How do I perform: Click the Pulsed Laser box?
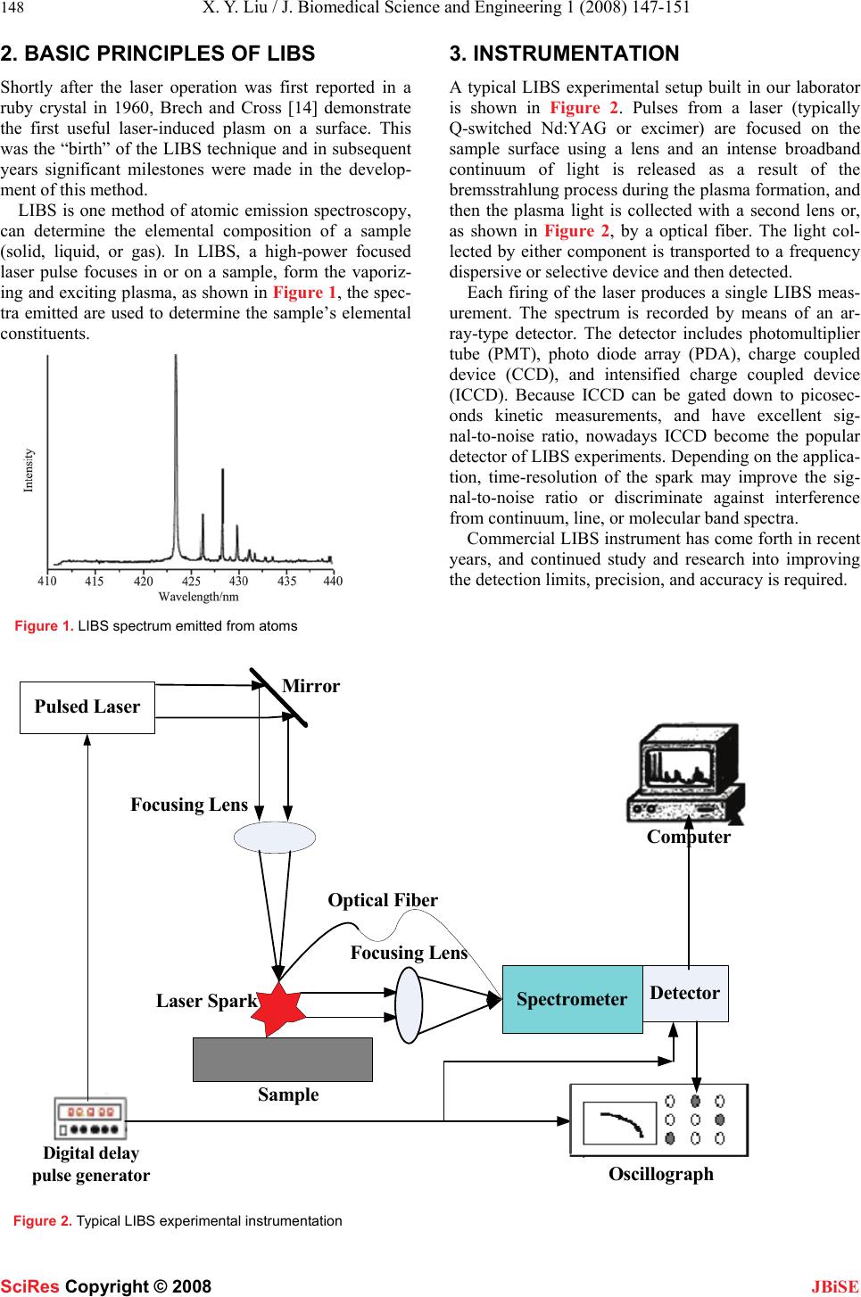point(87,707)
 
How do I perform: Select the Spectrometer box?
point(572,999)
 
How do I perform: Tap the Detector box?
point(685,993)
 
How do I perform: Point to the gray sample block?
point(282,1059)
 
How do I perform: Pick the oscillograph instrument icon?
point(659,1119)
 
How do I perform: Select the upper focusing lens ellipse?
point(275,837)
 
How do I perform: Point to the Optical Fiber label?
point(383,900)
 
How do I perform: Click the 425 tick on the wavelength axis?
point(191,581)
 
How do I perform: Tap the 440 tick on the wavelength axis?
point(333,581)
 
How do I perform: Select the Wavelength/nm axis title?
point(198,596)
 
